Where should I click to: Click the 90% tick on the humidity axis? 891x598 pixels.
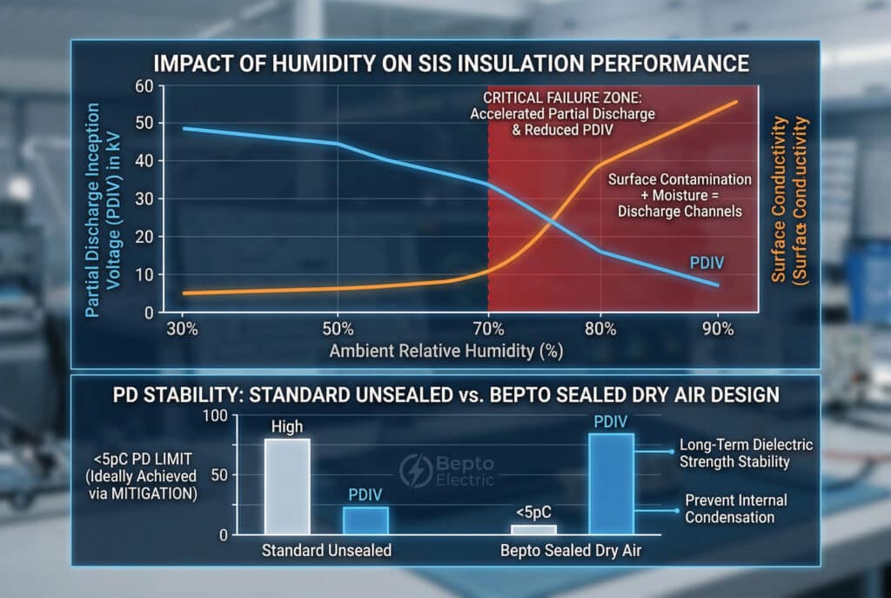718,330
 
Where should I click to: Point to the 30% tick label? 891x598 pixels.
183,330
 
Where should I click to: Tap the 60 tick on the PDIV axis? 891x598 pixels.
144,86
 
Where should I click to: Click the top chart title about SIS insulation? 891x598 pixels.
445,63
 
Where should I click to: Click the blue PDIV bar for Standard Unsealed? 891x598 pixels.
365,520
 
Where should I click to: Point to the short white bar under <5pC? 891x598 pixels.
533,528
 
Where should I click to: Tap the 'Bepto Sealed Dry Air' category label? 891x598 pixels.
572,551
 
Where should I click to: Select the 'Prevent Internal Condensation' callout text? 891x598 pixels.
736,508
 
